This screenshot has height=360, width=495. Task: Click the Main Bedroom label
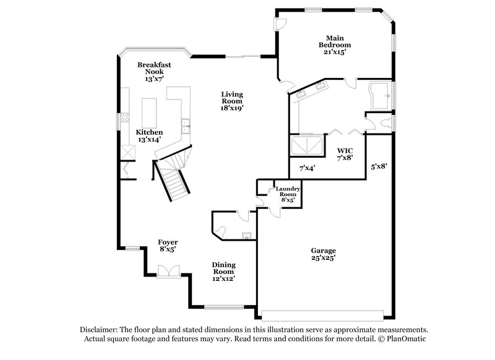pos(335,45)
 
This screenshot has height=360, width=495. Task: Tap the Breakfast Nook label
pos(154,72)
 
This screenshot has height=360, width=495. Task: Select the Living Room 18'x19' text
pos(232,101)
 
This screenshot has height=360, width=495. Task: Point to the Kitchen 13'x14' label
pos(150,136)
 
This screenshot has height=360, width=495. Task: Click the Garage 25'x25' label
pos(324,254)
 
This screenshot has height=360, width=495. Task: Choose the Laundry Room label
pos(288,194)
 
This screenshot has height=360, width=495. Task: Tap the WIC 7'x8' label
pos(345,155)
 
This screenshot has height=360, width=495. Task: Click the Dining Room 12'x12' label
pos(223,272)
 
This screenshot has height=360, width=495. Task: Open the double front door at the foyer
pos(167,270)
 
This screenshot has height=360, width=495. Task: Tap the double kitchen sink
pos(184,127)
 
